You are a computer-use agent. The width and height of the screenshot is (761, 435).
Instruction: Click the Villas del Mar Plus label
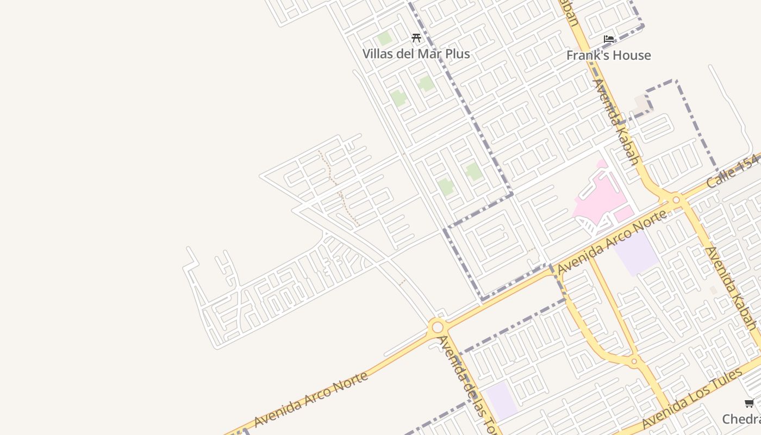coord(416,54)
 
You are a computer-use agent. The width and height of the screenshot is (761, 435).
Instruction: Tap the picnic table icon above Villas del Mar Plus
coord(416,38)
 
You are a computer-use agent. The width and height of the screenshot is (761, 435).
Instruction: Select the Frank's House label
coord(608,55)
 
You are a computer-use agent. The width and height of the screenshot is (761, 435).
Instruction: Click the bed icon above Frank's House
coord(609,39)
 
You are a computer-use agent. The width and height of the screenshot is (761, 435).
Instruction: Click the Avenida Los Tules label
coord(691,399)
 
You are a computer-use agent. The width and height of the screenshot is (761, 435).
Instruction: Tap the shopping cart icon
coord(749,403)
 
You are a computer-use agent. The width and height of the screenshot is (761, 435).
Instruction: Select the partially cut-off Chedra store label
coord(741,419)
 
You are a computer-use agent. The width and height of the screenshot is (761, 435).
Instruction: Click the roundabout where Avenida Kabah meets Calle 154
coord(676,200)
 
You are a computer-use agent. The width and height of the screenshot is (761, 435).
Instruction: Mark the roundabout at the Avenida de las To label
coord(437,327)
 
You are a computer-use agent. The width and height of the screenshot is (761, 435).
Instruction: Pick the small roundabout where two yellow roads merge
coord(634,361)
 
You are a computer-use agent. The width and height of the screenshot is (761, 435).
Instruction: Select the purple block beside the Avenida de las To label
coord(501,400)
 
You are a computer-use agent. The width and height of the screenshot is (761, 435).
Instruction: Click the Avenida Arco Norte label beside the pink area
coord(612,243)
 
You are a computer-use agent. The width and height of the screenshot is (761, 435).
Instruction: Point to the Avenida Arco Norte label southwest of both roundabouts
coord(310,400)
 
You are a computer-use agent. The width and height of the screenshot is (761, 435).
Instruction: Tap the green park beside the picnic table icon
coord(384,39)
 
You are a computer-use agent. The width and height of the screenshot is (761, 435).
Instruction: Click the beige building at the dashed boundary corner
coord(641,103)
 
